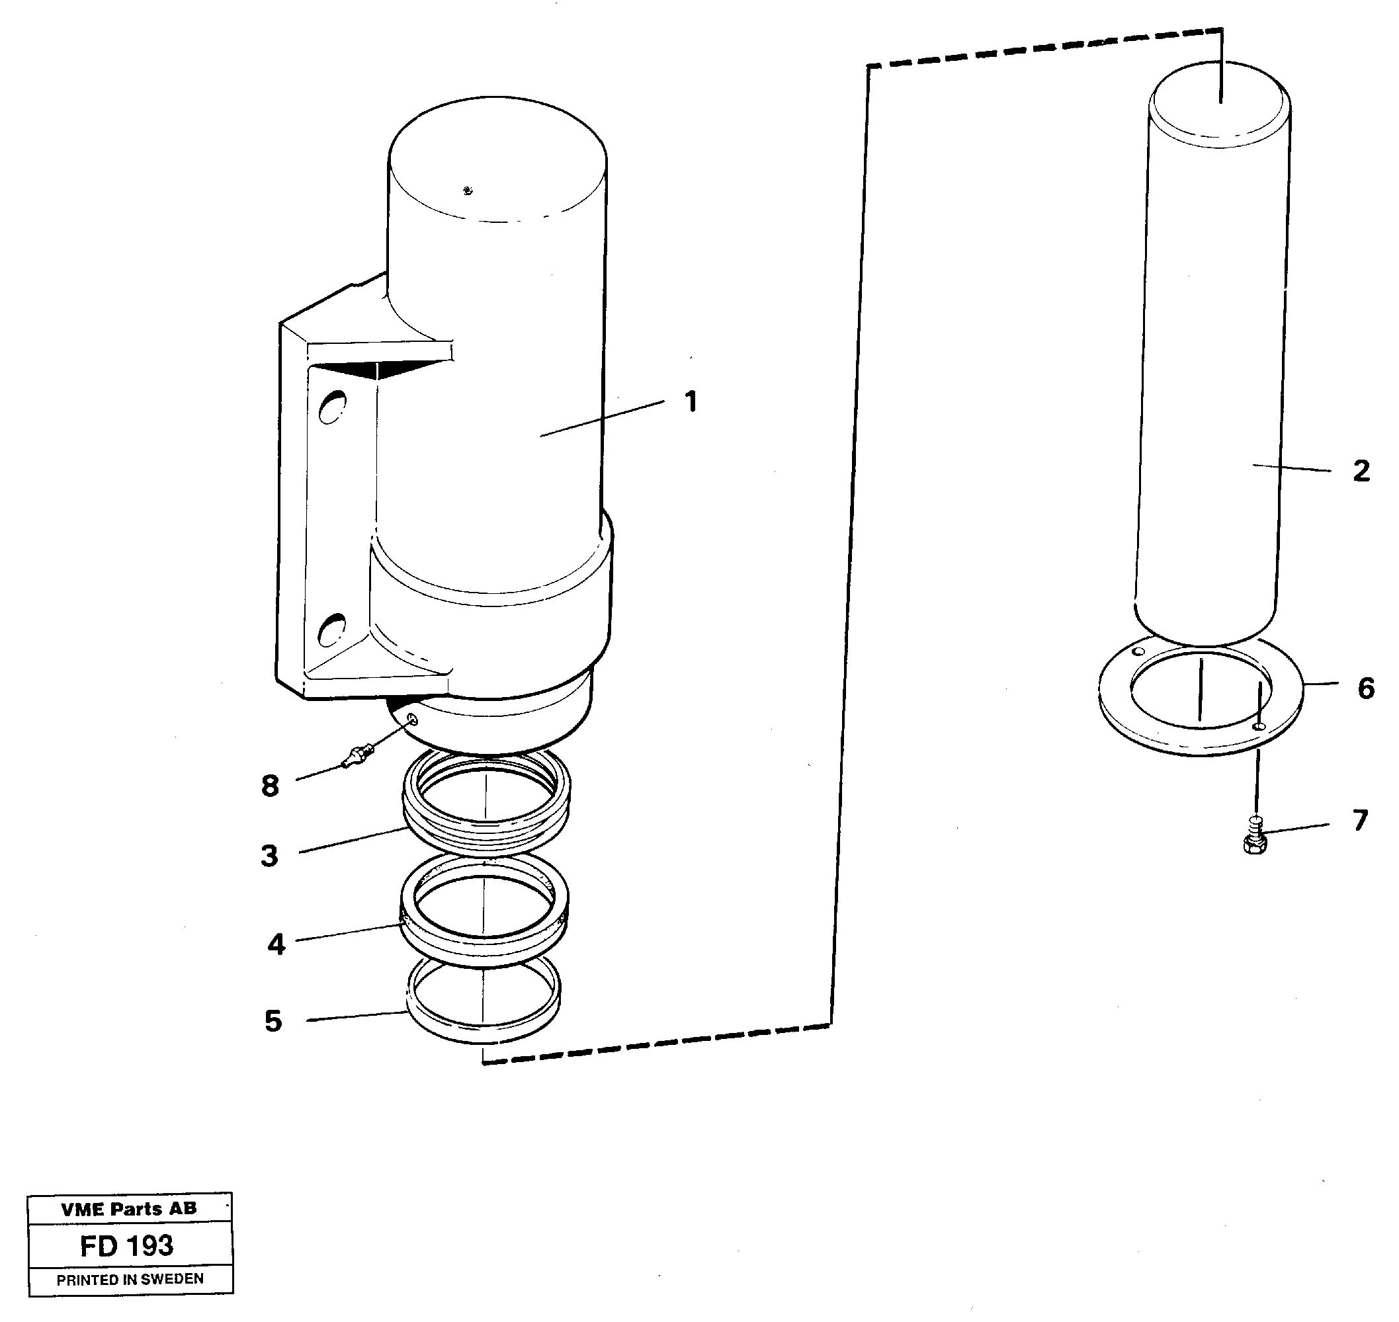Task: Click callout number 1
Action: click(x=691, y=401)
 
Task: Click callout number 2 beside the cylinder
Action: click(x=1361, y=471)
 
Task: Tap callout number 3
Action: click(x=269, y=856)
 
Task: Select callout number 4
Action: click(x=276, y=944)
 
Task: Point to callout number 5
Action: click(x=273, y=1021)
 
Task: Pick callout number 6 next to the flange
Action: click(x=1366, y=688)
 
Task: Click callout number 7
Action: click(x=1359, y=819)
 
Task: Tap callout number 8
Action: click(x=270, y=786)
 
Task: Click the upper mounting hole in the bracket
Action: click(x=332, y=407)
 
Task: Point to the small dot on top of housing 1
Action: click(x=468, y=190)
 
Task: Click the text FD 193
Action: click(x=127, y=1246)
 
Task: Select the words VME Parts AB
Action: click(x=129, y=1210)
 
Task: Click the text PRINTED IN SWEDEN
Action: click(x=130, y=1279)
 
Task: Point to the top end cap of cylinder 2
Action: click(x=1220, y=104)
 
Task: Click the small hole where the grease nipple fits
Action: click(x=413, y=720)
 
